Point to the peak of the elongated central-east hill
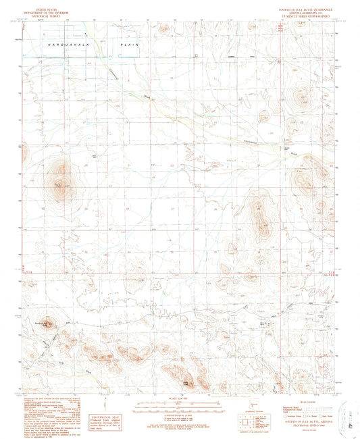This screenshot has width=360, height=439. [x=259, y=215]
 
